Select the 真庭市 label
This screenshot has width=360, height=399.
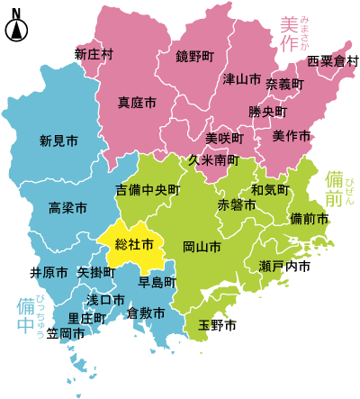click(137, 102)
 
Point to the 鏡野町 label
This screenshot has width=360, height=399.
click(195, 57)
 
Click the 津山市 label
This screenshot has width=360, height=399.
click(241, 78)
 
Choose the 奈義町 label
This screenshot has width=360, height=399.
click(284, 84)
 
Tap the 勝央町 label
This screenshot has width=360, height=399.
click(268, 113)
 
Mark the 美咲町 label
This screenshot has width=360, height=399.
click(225, 138)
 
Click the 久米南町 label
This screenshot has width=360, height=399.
click(213, 159)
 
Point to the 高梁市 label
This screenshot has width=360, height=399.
click(67, 208)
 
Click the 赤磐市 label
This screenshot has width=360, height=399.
click(237, 204)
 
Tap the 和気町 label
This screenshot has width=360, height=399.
click(270, 190)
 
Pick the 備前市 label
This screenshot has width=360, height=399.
click(310, 219)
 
